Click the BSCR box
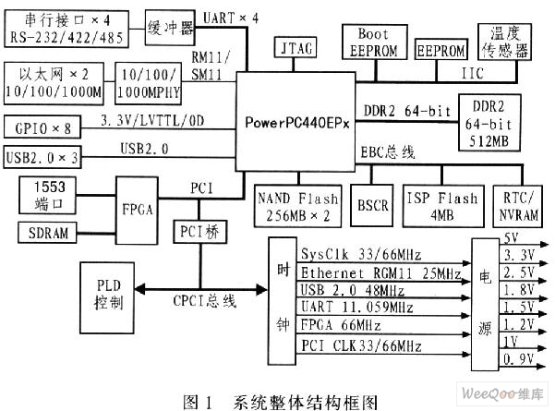[371, 205]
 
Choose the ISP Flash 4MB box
[440, 205]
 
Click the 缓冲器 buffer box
[172, 27]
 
